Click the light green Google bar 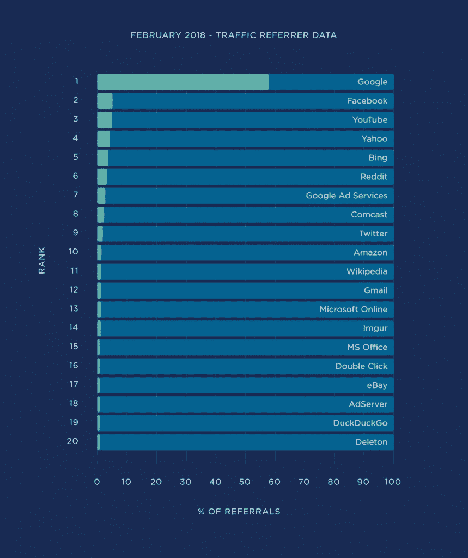pyautogui.click(x=183, y=82)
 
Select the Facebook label pyautogui.click(x=367, y=101)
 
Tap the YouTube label pyautogui.click(x=369, y=120)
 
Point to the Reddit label pyautogui.click(x=373, y=177)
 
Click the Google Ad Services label pyautogui.click(x=347, y=196)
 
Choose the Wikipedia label pyautogui.click(x=367, y=271)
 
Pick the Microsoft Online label pyautogui.click(x=353, y=309)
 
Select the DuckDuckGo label pyautogui.click(x=360, y=423)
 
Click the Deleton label pyautogui.click(x=371, y=442)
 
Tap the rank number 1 pyautogui.click(x=77, y=81)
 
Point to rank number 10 pyautogui.click(x=74, y=252)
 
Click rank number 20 pyautogui.click(x=72, y=441)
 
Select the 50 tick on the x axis pyautogui.click(x=245, y=482)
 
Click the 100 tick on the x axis pyautogui.click(x=392, y=482)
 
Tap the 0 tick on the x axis pyautogui.click(x=97, y=482)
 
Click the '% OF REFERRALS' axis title pyautogui.click(x=239, y=512)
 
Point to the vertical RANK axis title pyautogui.click(x=42, y=260)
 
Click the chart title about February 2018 pyautogui.click(x=234, y=35)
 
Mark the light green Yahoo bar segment pyautogui.click(x=104, y=139)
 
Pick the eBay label pyautogui.click(x=377, y=385)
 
